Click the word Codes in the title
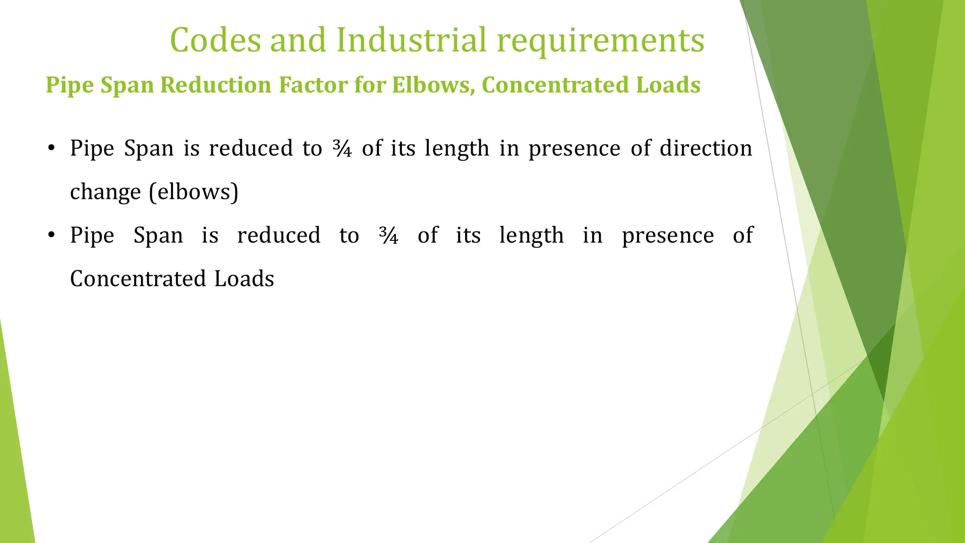coord(215,40)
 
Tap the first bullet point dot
coord(52,148)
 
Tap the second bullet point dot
coord(52,235)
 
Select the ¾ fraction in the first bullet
coord(342,148)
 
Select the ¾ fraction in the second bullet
coord(389,235)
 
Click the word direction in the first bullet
coord(705,148)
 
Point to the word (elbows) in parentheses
coord(194,192)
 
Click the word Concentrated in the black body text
coord(138,279)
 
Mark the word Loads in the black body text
coord(244,279)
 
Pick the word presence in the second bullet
coord(668,236)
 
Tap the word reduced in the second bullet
coord(278,235)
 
